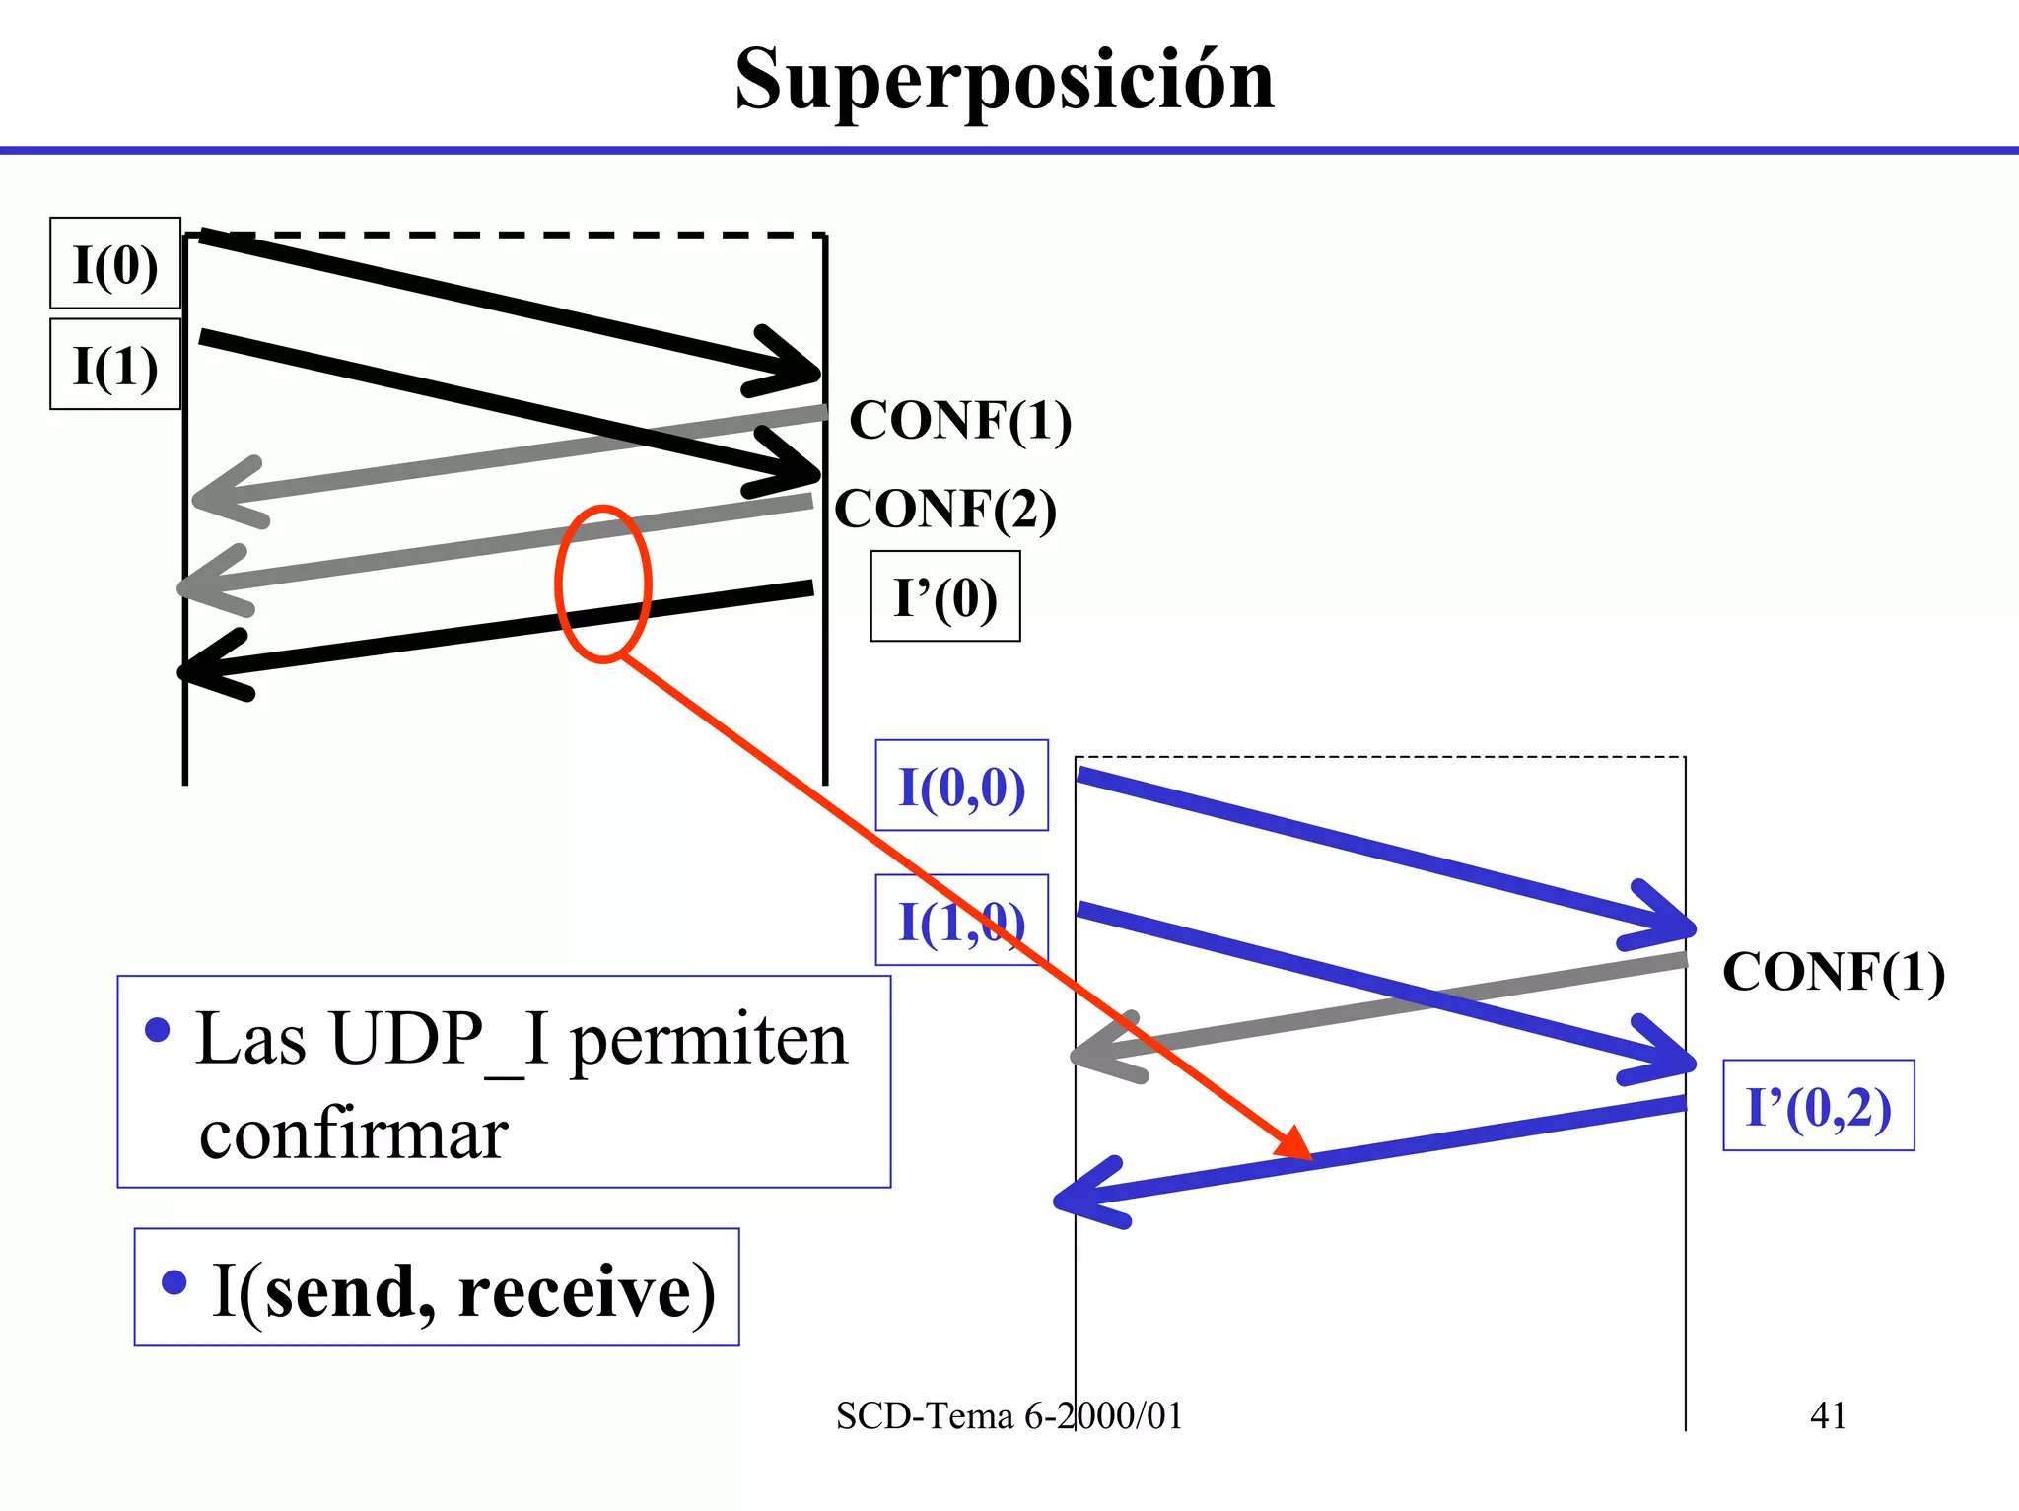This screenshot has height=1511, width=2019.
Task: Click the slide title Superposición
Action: (x=1004, y=81)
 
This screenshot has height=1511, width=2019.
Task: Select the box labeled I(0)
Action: (x=115, y=264)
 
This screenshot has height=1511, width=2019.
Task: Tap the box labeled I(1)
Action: (x=115, y=365)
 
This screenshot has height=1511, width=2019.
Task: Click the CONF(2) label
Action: (x=945, y=510)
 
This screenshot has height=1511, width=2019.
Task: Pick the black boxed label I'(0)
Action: (x=944, y=597)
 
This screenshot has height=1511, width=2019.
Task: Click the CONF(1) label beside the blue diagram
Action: (x=1833, y=972)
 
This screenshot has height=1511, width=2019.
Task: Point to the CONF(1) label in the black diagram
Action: (x=959, y=421)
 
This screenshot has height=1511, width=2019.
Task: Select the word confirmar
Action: (x=353, y=1135)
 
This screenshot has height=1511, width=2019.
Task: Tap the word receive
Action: (x=586, y=1290)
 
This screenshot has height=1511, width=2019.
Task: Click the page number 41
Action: (x=1827, y=1415)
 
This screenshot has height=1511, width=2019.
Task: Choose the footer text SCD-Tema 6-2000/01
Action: (x=1008, y=1416)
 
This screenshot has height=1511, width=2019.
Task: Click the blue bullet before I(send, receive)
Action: (x=174, y=1282)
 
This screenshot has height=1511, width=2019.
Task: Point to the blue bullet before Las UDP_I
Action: (x=157, y=1031)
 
